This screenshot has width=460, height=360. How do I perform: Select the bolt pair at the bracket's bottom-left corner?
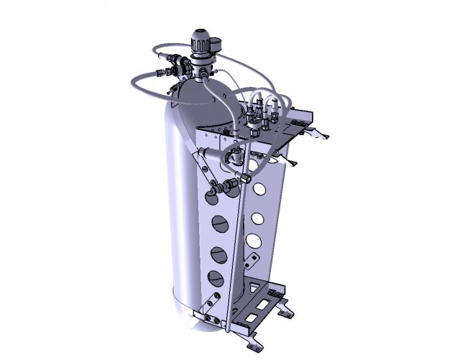coord(209,315)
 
